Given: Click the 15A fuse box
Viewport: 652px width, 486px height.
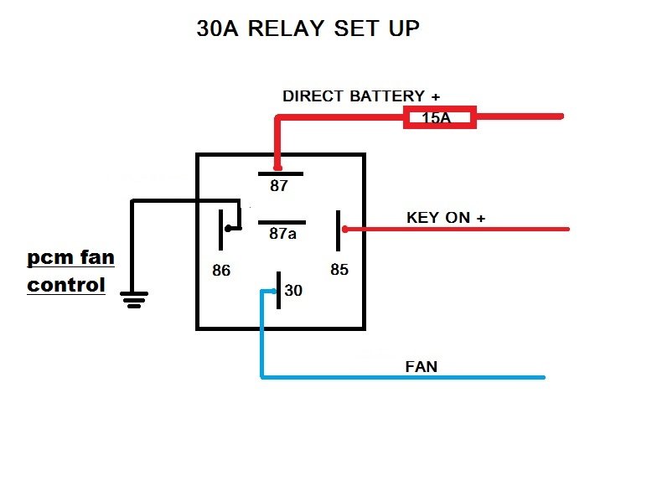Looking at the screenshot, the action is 440,117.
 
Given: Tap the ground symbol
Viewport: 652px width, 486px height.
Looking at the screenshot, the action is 134,300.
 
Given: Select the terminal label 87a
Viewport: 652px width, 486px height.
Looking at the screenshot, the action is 282,234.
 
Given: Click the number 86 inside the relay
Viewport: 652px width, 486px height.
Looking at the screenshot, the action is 221,270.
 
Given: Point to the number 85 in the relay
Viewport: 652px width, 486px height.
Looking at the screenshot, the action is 339,270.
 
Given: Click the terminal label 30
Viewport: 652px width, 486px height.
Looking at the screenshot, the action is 293,290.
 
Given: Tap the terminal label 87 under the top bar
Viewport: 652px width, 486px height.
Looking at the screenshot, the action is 278,185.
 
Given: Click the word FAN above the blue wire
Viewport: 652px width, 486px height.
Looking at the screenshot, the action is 422,367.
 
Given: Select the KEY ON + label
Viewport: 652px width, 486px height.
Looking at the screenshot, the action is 446,217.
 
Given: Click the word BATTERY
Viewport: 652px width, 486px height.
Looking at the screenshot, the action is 386,96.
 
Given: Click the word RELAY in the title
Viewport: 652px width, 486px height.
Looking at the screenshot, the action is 286,28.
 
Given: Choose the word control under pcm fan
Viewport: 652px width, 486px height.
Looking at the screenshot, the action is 65,285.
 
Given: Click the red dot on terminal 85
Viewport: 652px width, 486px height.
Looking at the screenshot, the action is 345,229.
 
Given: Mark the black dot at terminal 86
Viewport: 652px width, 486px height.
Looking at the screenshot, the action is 228,228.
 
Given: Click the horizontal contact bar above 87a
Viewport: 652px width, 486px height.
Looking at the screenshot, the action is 282,223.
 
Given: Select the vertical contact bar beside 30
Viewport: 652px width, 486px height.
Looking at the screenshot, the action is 278,290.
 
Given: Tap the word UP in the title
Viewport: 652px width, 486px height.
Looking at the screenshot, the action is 404,28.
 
